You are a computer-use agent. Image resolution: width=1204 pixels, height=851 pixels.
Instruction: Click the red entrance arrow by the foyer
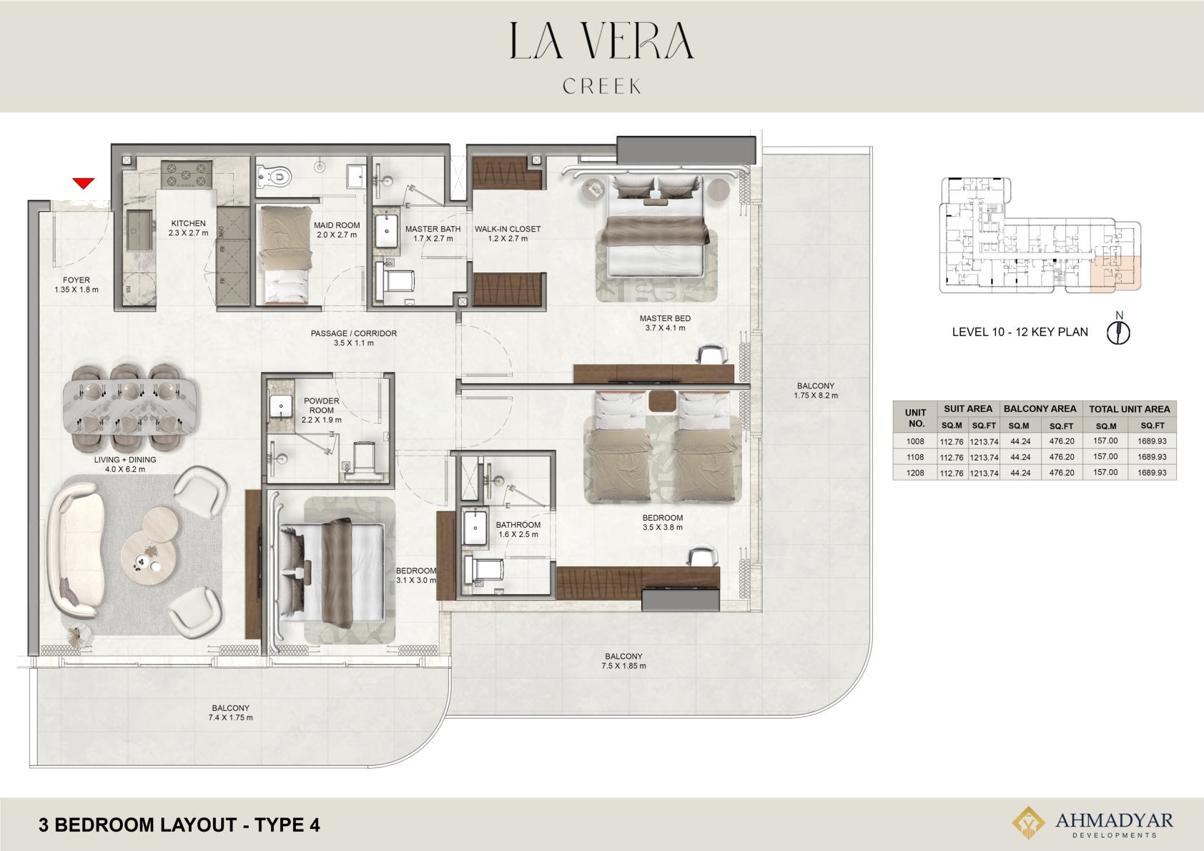point(84,183)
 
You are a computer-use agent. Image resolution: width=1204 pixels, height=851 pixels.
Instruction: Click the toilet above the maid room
point(274,176)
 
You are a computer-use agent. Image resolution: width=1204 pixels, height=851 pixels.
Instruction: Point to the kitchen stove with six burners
point(186,174)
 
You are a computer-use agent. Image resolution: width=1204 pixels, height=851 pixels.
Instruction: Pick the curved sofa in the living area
point(75,549)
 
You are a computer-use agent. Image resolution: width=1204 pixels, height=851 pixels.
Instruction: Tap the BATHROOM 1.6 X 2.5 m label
point(518,529)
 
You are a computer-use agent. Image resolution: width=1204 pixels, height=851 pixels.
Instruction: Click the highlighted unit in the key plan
point(1115,273)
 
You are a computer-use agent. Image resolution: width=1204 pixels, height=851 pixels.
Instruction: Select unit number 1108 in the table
point(915,457)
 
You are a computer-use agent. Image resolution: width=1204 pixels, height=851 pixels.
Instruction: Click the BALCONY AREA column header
point(1040,408)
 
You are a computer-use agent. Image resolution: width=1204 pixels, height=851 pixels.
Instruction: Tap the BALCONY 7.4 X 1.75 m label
point(231,713)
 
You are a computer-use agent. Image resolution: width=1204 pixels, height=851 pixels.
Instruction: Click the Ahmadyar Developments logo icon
point(1028,822)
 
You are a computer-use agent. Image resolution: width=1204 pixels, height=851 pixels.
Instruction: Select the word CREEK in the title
point(602,86)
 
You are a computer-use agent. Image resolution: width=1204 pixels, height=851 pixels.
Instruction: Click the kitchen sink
point(139,230)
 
